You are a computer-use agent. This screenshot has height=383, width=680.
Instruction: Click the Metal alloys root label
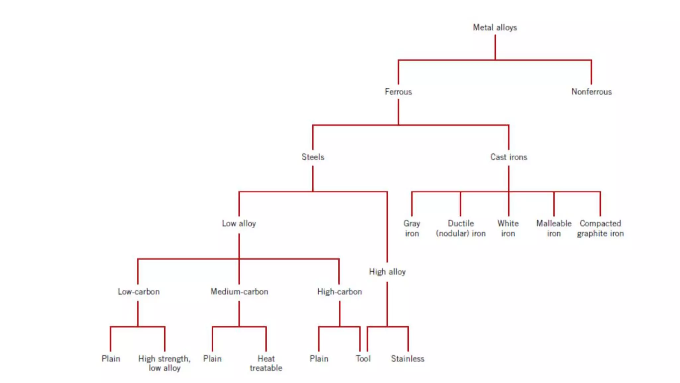[495, 27]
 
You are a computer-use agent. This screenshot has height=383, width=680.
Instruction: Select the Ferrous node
[398, 92]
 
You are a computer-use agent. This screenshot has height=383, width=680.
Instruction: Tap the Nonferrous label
[591, 92]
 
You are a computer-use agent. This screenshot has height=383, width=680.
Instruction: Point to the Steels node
[313, 157]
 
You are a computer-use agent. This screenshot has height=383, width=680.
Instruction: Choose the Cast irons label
[508, 157]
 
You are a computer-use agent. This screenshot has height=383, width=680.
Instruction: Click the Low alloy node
[239, 223]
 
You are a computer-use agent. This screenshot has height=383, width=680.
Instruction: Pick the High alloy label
[387, 272]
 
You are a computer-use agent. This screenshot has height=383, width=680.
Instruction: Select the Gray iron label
[412, 228]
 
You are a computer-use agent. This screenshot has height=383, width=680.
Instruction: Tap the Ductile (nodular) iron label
[461, 228]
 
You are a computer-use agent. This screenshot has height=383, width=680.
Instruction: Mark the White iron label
[508, 228]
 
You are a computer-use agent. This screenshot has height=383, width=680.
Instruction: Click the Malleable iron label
[553, 228]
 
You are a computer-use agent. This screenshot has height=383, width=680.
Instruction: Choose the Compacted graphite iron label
[600, 228]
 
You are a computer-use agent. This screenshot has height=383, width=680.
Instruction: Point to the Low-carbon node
[138, 292]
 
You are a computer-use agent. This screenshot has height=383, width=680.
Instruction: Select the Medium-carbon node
[239, 292]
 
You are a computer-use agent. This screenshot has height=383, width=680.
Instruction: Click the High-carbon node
[339, 292]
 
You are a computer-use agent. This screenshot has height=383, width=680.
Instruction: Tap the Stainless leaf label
[407, 359]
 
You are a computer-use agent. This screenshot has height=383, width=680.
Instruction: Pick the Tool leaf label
[363, 359]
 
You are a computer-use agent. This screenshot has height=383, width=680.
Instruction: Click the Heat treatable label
[266, 363]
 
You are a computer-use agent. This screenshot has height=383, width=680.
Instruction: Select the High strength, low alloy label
[164, 363]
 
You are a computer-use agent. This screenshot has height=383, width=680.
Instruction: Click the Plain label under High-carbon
[319, 359]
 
